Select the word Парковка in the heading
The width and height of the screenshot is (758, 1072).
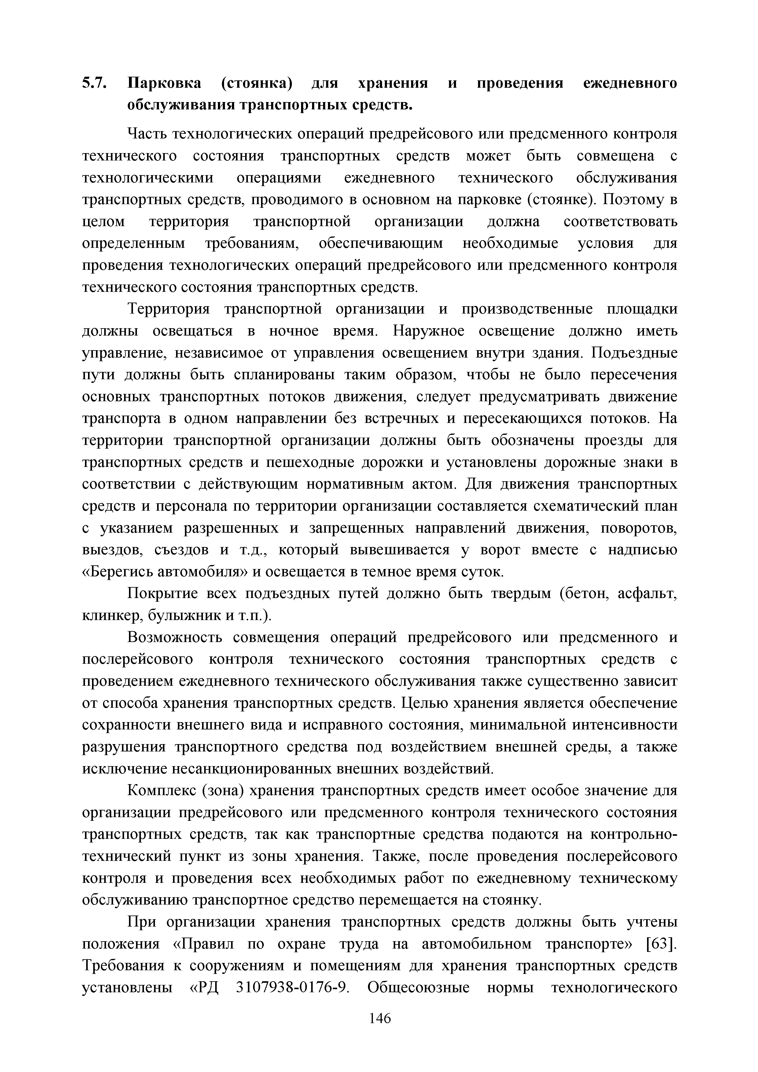[164, 83]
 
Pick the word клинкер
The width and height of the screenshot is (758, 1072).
[112, 616]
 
